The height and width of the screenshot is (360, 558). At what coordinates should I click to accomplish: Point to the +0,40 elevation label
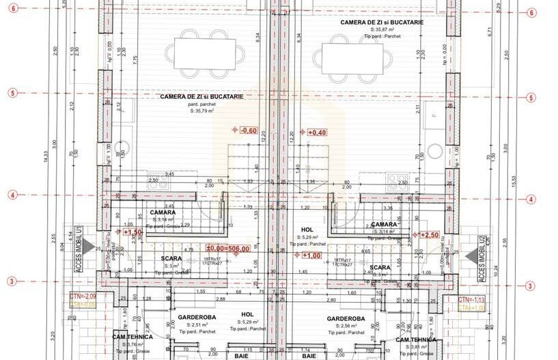[316, 133]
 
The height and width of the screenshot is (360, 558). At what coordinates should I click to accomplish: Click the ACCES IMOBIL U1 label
[79, 250]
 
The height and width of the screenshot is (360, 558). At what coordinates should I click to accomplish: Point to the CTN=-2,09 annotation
[83, 296]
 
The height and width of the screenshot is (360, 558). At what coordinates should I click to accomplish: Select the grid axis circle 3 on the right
[531, 286]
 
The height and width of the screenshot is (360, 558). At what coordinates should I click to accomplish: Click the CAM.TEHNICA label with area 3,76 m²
[132, 338]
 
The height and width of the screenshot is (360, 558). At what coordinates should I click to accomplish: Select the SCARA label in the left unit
[171, 258]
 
